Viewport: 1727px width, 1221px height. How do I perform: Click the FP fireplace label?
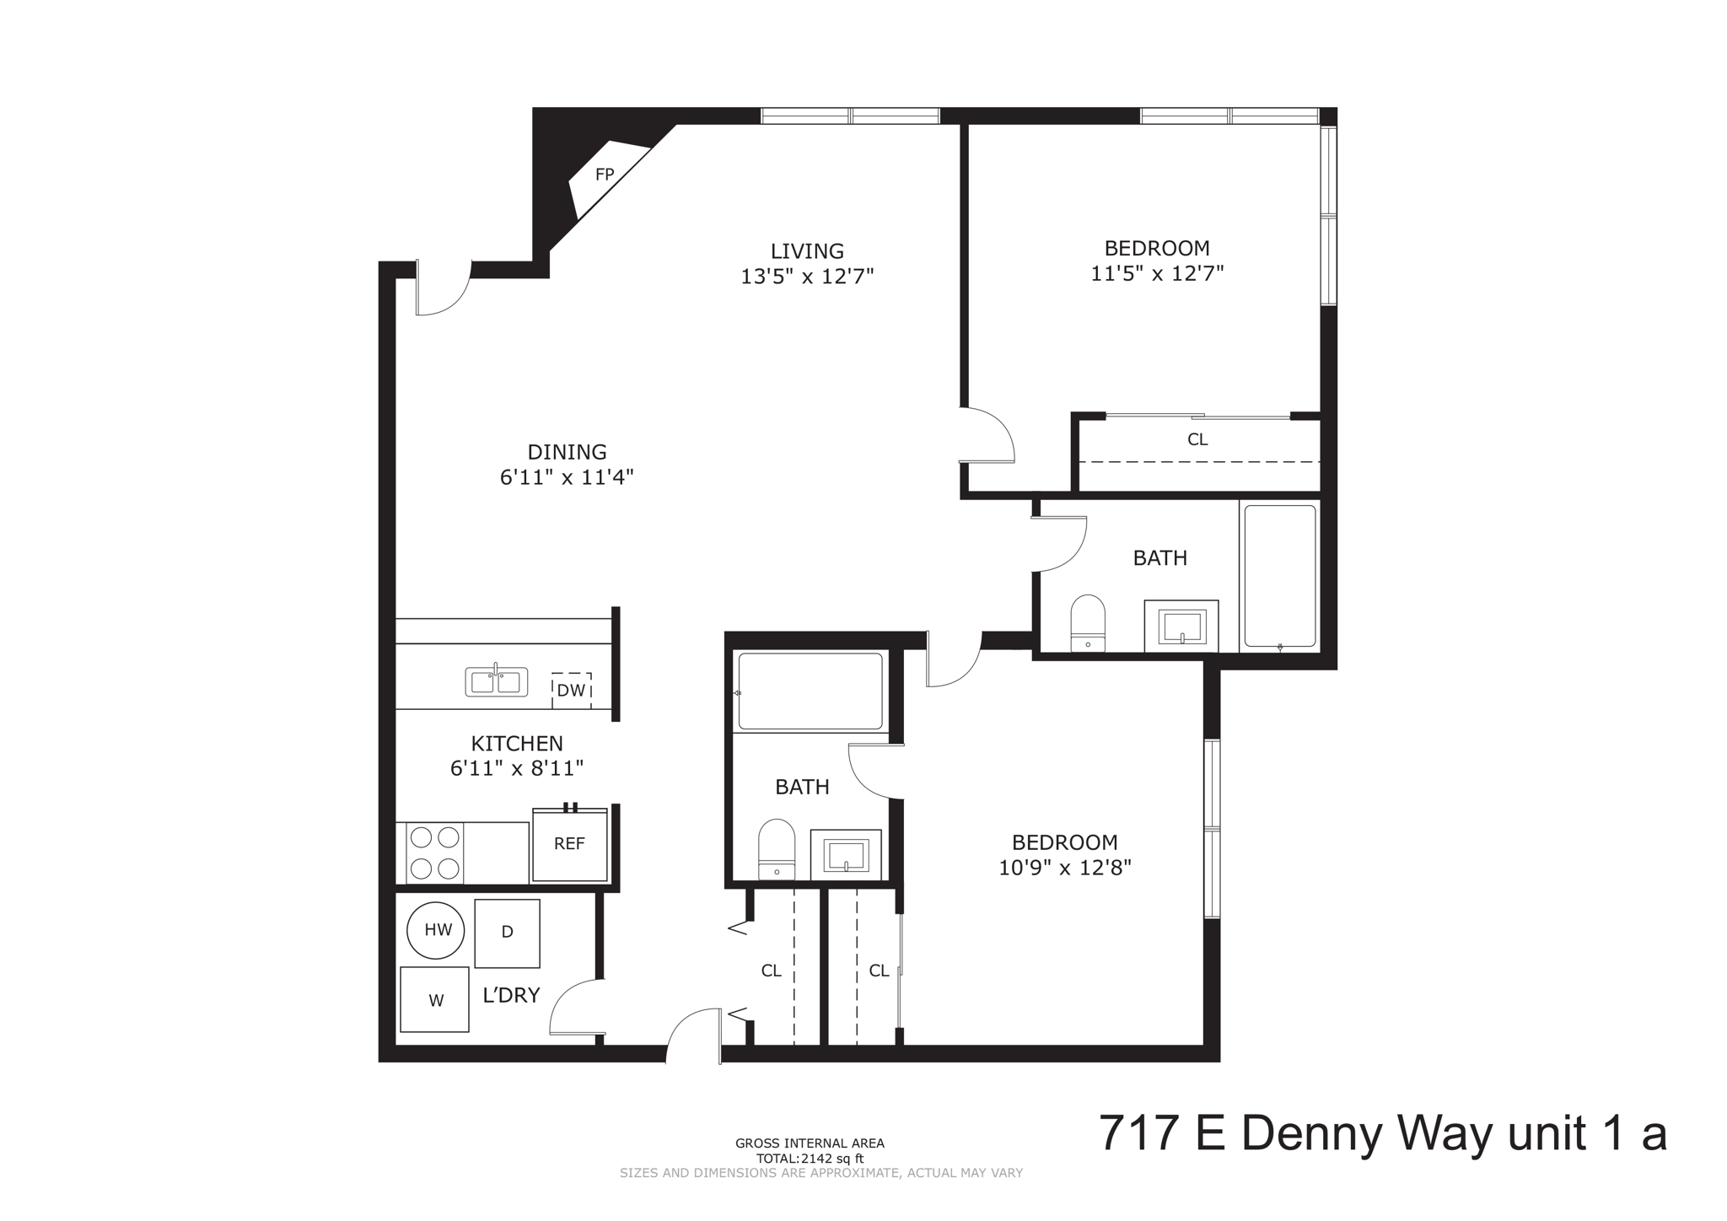pos(605,175)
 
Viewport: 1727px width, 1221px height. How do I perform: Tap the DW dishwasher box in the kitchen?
pos(571,691)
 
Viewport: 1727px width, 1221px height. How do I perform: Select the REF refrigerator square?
pos(569,844)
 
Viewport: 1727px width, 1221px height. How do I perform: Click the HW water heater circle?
pos(437,930)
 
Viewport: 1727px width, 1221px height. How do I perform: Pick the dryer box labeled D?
pos(507,933)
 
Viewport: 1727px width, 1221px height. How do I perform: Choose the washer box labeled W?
pos(434,1000)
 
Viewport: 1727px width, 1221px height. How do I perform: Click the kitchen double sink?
pos(497,681)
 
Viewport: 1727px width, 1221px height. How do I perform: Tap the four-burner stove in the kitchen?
pos(434,853)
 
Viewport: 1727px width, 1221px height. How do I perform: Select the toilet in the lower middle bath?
pos(777,849)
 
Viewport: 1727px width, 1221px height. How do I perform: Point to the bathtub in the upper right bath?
pos(1279,576)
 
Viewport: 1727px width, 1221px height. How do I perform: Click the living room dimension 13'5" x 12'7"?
pos(807,277)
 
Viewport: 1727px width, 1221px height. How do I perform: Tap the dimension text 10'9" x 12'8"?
pos(1064,868)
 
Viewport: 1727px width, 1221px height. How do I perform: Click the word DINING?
pos(567,452)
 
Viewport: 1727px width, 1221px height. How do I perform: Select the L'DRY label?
pos(511,995)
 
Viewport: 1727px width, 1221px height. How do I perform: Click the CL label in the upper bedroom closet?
pos(1197,439)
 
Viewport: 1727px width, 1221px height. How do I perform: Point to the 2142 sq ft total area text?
pos(810,1159)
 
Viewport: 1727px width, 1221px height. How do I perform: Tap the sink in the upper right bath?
pos(1181,627)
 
